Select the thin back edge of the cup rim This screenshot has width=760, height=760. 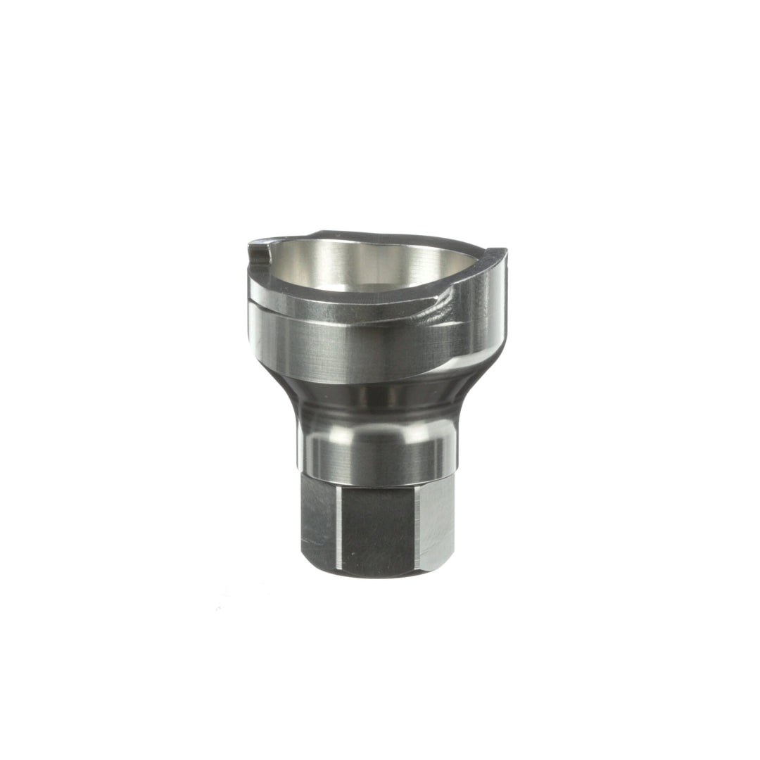click(366, 234)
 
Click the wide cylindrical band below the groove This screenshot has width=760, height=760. click(352, 348)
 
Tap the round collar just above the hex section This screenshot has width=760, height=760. click(373, 454)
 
